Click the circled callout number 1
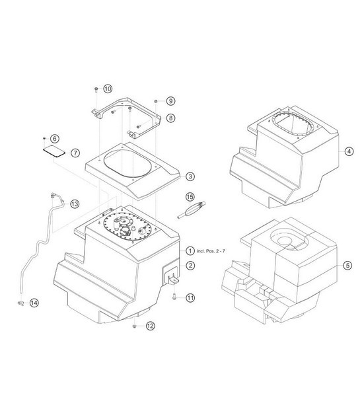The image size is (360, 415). tap(190, 250)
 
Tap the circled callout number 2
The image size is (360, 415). tap(190, 266)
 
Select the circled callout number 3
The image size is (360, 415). tap(190, 176)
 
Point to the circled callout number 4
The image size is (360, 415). tap(349, 151)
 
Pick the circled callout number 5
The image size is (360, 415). tap(347, 265)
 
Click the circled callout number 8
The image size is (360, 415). tap(170, 118)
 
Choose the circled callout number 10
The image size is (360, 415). tap(108, 89)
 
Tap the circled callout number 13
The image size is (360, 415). tap(75, 204)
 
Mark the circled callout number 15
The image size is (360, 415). tap(190, 197)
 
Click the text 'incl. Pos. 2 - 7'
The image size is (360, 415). tap(211, 251)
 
